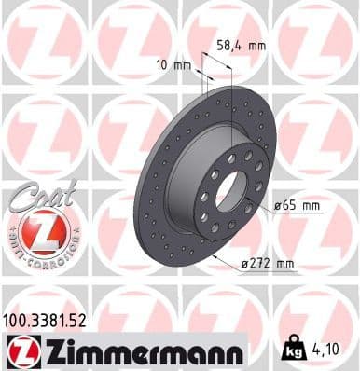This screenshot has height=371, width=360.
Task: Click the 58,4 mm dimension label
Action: (242, 44)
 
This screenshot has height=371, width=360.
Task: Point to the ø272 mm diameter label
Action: (267, 265)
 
